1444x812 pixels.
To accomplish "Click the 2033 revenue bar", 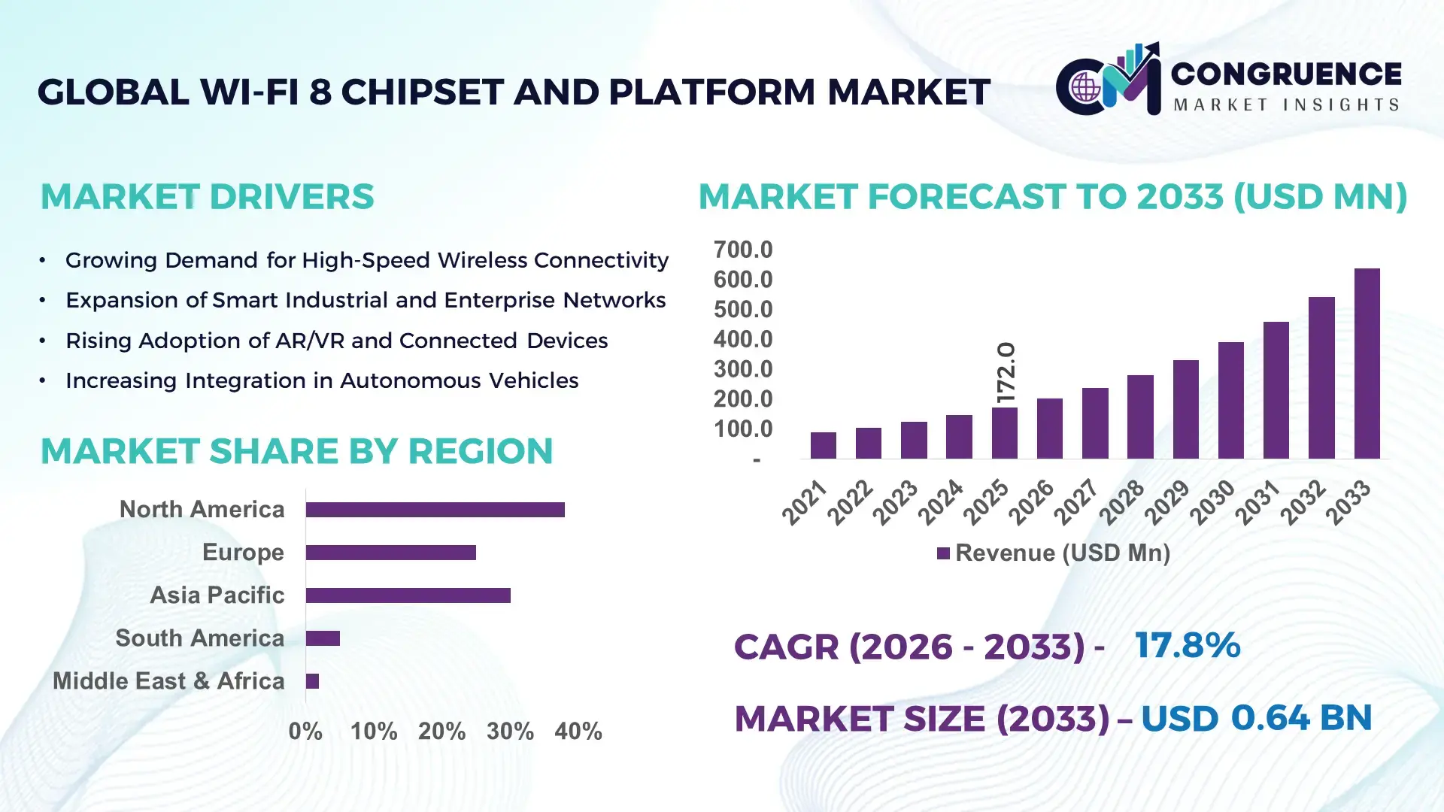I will click(x=1367, y=364).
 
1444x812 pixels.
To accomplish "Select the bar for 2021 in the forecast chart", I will click(x=823, y=445).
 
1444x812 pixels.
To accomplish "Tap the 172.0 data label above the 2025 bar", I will click(x=1006, y=372).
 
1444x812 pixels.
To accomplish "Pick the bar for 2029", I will click(x=1185, y=410).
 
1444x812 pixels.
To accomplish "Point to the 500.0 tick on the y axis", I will click(x=742, y=309).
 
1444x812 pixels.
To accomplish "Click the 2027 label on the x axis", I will click(x=1077, y=501).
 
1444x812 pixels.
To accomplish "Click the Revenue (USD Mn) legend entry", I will click(x=1054, y=553).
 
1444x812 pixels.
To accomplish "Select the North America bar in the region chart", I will click(x=435, y=510).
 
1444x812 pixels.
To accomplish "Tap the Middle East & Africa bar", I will click(x=312, y=681).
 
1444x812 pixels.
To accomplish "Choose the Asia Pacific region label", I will click(x=217, y=595).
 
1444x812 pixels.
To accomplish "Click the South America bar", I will click(x=323, y=638).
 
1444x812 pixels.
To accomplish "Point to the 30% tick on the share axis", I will click(x=510, y=731).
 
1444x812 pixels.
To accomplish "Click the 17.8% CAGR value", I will click(x=1187, y=645).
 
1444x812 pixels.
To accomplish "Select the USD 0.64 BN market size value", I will click(x=1256, y=717).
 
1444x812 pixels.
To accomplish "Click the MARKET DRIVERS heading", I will click(x=207, y=197).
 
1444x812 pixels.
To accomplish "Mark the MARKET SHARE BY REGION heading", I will click(x=296, y=451).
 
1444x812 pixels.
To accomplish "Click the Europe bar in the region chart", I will click(x=390, y=553).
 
